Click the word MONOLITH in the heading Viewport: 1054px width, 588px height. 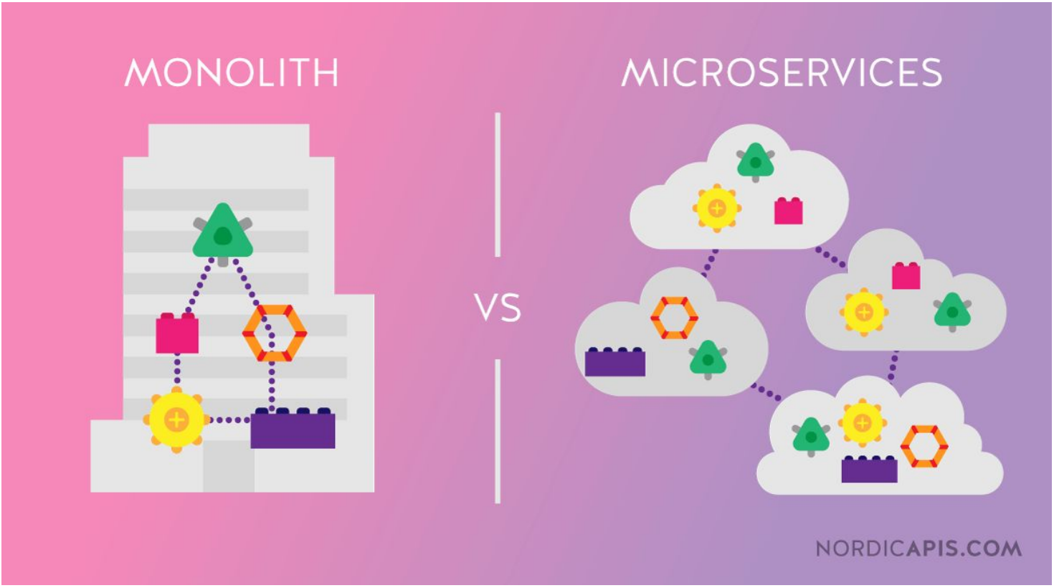(x=231, y=72)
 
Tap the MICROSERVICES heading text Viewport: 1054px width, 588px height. (x=782, y=72)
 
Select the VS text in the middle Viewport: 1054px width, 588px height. (x=498, y=308)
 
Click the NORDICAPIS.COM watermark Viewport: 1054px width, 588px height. (x=918, y=549)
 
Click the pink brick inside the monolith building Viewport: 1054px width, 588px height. (x=177, y=334)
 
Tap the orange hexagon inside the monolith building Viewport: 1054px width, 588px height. (x=274, y=333)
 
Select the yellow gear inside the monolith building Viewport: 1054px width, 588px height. (x=176, y=419)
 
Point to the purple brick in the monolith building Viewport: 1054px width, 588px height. (x=293, y=429)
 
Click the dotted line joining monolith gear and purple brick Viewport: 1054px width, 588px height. (x=228, y=419)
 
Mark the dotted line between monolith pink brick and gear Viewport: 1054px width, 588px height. (x=177, y=372)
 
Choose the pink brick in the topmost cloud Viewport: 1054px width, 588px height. (x=788, y=212)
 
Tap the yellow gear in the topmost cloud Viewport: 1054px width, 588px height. (x=716, y=209)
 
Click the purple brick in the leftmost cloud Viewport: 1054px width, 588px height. (x=614, y=362)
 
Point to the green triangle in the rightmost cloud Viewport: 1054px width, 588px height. (x=952, y=311)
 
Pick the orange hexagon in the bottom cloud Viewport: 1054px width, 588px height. (x=924, y=446)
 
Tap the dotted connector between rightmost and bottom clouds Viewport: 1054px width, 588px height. (x=893, y=366)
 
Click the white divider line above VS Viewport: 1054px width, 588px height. (x=498, y=184)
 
